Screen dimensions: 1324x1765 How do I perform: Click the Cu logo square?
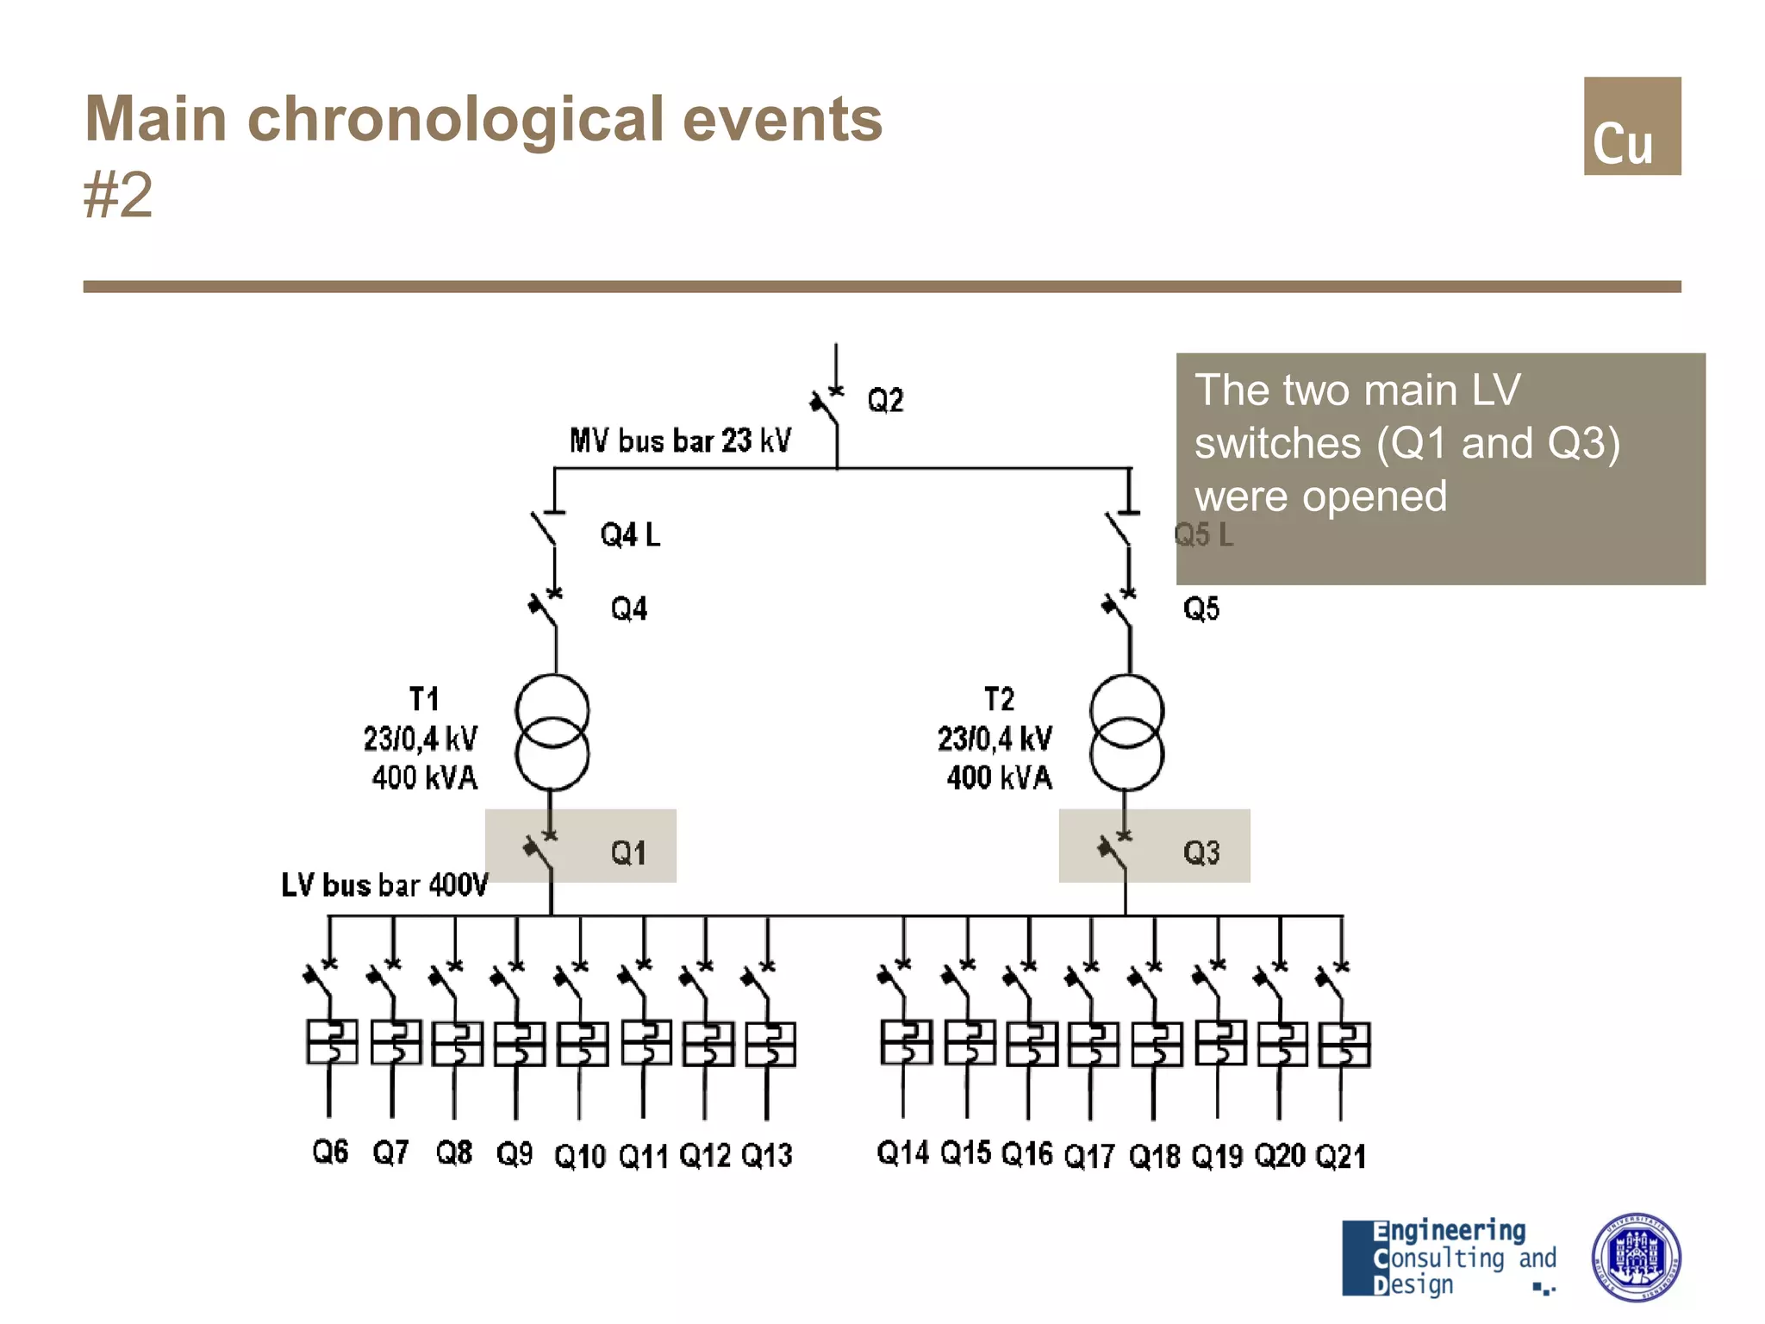(1631, 126)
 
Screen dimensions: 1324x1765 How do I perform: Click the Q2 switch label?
(885, 401)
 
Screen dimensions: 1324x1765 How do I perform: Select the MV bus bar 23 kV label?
(680, 440)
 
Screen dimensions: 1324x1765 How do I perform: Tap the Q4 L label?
(630, 535)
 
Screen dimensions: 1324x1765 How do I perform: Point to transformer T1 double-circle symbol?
(552, 733)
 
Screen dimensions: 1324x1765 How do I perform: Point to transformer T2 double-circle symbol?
(1126, 733)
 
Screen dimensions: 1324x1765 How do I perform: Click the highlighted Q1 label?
(628, 853)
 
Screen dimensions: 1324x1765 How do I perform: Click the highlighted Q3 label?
(1201, 853)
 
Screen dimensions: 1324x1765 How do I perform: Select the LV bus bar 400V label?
(384, 885)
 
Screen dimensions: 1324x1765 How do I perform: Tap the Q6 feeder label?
(330, 1152)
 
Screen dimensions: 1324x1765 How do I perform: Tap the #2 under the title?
(118, 195)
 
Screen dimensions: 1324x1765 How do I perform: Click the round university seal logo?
(1635, 1257)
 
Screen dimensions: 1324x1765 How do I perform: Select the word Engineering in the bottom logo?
(1449, 1231)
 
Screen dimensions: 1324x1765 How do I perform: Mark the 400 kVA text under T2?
(999, 778)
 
